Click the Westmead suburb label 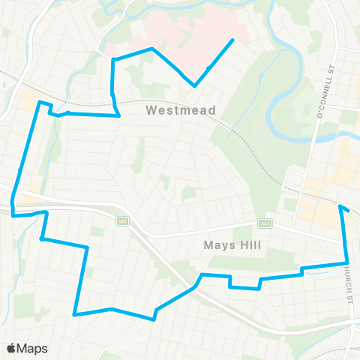coord(181,110)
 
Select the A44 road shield coord(264,223)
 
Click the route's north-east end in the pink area coord(233,40)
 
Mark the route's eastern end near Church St coord(340,206)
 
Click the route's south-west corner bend coord(75,314)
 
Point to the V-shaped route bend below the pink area coord(195,85)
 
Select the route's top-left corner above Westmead coord(113,58)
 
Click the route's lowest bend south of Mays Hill coord(154,319)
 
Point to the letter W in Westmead coord(151,110)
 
